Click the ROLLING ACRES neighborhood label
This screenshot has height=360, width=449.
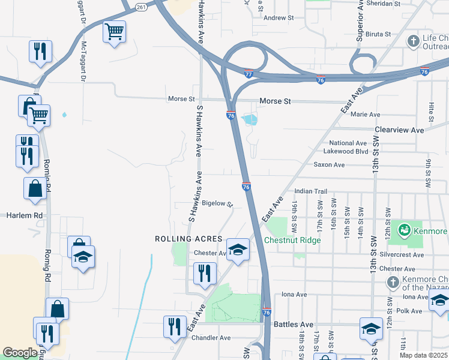point(188,239)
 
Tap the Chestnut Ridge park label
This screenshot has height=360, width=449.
point(292,240)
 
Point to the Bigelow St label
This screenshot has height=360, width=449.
point(217,203)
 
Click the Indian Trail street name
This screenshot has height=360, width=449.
point(310,191)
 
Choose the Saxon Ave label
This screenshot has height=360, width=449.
point(329,164)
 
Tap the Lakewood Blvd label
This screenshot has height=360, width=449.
point(345,152)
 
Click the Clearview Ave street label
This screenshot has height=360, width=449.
point(399,130)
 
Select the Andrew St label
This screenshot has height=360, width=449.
point(279,18)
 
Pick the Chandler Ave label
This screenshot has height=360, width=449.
point(211,338)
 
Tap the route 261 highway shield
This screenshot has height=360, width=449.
point(141,7)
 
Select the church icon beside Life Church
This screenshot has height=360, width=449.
point(413,41)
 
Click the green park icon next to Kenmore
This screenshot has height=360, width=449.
point(405,230)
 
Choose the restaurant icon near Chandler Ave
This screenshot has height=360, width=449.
point(175,326)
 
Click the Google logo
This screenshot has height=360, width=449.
point(20,353)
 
